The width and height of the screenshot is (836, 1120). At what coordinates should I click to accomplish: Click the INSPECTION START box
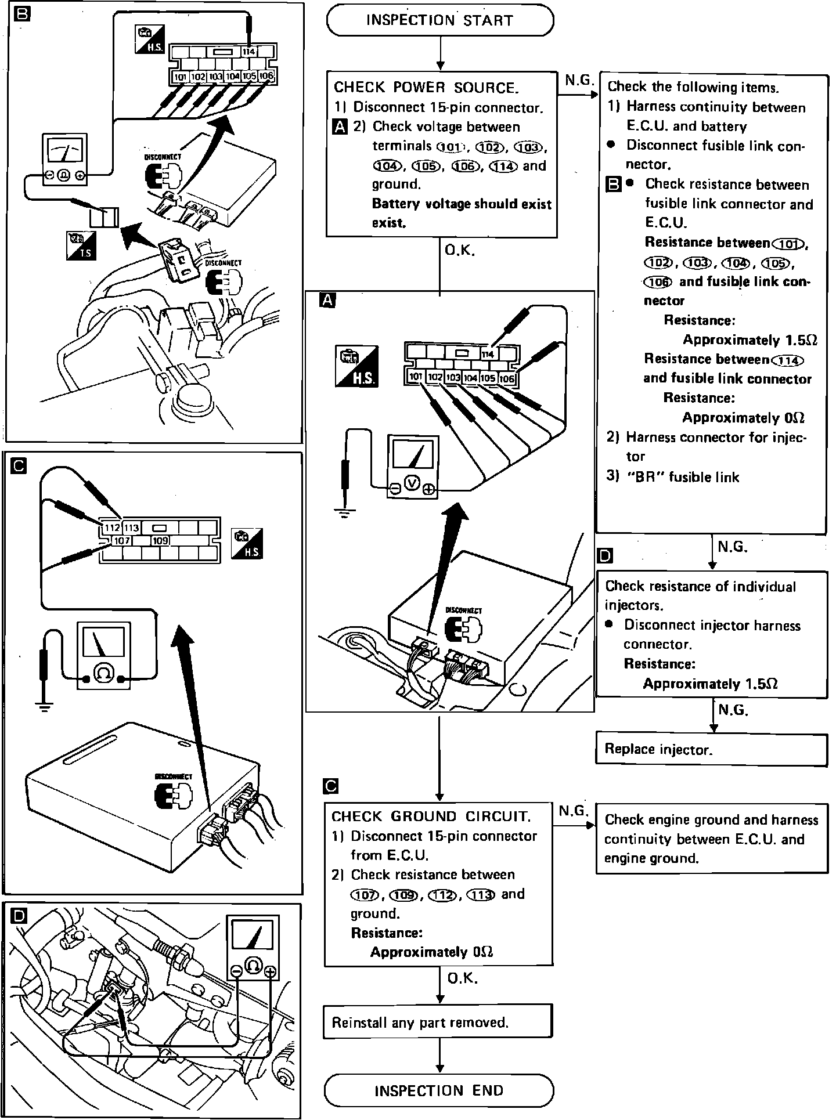tap(439, 20)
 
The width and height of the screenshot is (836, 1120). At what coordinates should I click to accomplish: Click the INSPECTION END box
tap(439, 1090)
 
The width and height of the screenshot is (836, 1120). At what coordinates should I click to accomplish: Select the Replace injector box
tap(711, 749)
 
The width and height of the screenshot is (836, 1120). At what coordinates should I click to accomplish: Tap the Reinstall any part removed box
tap(437, 1022)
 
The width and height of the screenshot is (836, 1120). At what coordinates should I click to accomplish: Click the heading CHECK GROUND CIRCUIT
tap(431, 816)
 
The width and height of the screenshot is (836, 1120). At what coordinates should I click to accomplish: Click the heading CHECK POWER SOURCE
tap(426, 88)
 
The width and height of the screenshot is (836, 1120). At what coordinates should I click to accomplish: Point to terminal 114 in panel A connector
tap(488, 354)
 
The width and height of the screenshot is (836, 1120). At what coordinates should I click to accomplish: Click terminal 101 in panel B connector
tap(180, 77)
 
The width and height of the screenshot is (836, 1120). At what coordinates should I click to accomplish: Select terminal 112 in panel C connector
tap(111, 528)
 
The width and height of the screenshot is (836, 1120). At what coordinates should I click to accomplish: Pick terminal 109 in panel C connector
tap(160, 541)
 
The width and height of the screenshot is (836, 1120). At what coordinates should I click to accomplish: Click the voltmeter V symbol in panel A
tap(412, 482)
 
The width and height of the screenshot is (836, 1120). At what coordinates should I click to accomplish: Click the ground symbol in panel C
tap(44, 706)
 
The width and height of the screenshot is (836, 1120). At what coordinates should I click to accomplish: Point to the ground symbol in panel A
tap(345, 512)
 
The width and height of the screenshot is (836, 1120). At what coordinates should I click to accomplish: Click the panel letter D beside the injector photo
tap(19, 916)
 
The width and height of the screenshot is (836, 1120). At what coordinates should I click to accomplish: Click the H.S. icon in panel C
tap(247, 543)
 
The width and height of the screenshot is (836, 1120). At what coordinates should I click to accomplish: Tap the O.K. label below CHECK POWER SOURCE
tap(460, 251)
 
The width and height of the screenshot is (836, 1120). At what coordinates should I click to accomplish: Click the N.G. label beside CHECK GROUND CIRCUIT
tap(573, 811)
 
